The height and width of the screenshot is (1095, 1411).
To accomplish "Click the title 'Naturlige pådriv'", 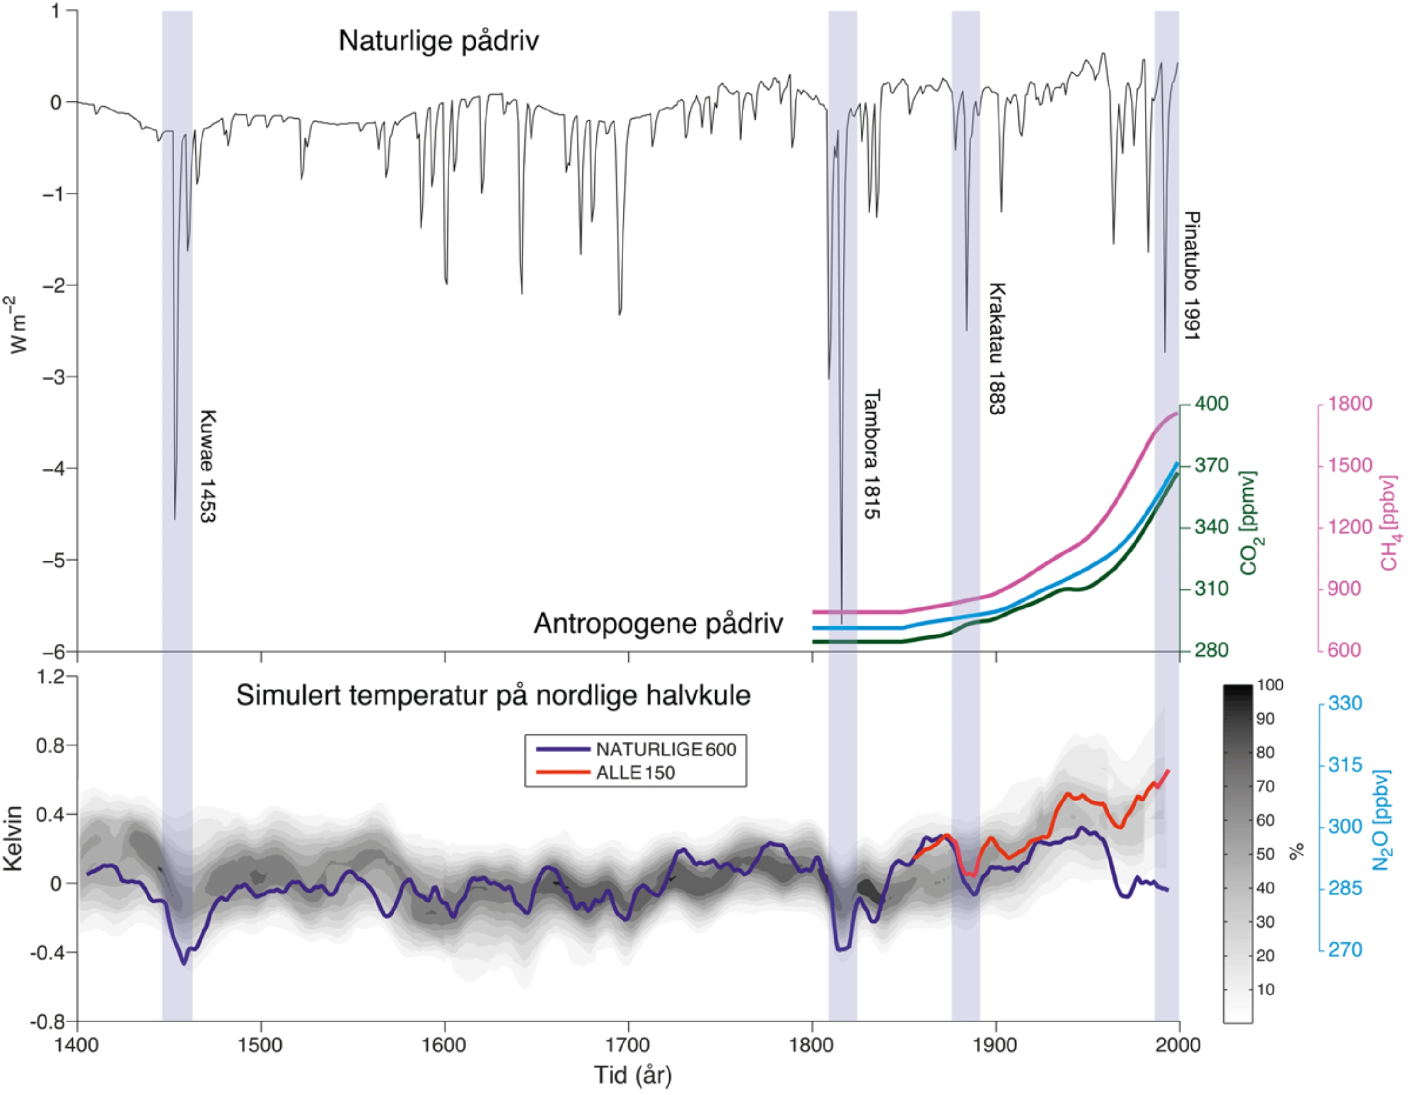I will point(439,41).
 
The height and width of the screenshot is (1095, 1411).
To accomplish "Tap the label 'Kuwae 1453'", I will point(207,466).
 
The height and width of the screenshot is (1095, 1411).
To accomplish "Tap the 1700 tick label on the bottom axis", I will point(628,1045).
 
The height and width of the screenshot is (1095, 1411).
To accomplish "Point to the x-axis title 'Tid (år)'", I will point(632,1075).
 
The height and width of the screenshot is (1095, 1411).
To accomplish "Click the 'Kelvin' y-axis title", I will point(13,838).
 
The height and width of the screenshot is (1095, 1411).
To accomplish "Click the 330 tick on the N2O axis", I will point(1345,703).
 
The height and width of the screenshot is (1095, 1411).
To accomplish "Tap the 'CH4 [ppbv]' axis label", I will point(1389,523).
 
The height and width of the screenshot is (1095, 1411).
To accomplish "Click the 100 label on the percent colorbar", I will point(1270,685).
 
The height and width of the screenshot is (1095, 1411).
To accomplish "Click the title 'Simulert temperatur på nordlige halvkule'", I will point(493,696).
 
